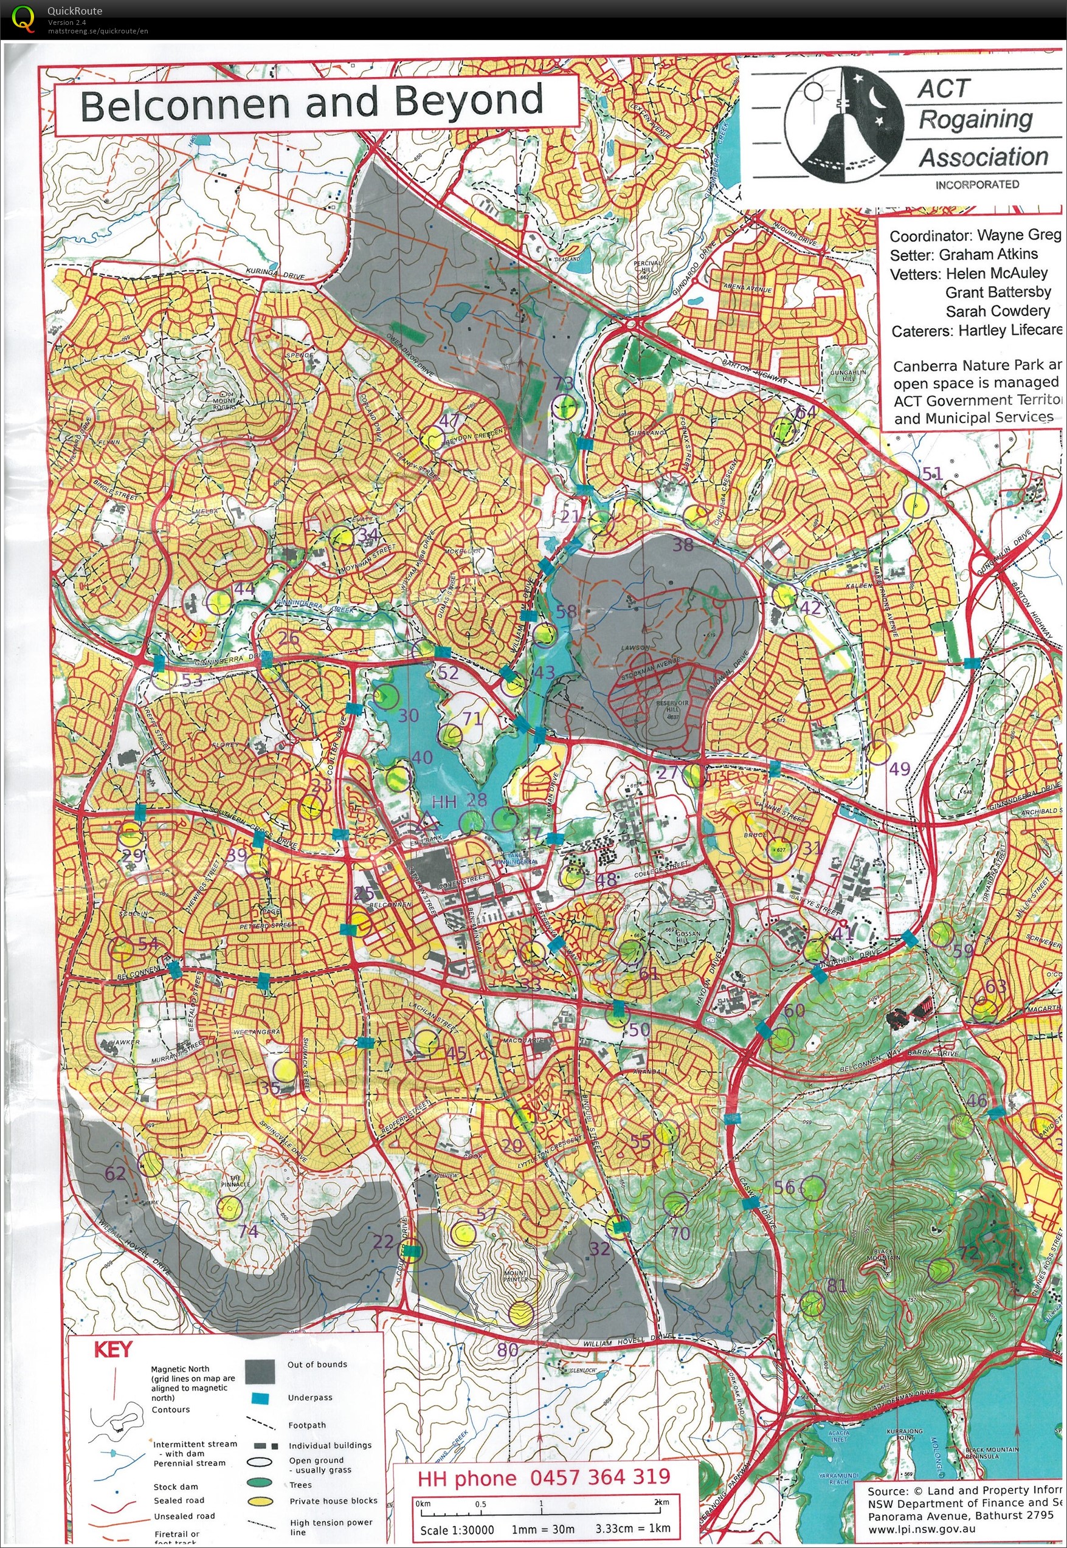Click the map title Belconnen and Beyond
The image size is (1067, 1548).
[x=311, y=102]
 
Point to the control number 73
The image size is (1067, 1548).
[x=564, y=383]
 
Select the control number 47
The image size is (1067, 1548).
[x=449, y=421]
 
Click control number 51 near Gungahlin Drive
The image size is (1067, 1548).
[x=932, y=473]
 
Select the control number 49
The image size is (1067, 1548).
[x=899, y=768]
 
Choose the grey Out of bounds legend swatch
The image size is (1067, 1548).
[x=260, y=1372]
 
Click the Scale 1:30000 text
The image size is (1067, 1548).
[x=457, y=1529]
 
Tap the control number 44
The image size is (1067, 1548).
[x=244, y=588]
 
